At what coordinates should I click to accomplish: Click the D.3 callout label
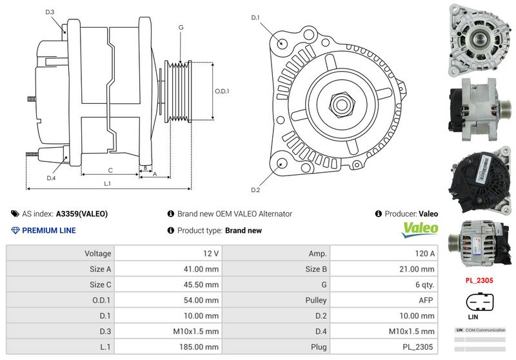coord(50,12)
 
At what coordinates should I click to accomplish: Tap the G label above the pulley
coord(181,28)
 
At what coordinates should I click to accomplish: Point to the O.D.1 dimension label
coord(222,91)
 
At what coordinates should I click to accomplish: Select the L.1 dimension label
coord(108,183)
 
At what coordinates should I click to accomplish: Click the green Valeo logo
coord(420,228)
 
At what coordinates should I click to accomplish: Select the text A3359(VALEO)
coord(82,214)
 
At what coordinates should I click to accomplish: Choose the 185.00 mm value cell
coord(202,346)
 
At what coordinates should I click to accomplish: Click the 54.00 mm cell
coord(202,300)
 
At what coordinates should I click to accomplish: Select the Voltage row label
coord(98,254)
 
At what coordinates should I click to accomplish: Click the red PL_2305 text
coord(479,281)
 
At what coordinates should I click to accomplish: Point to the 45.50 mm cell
coord(202,285)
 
